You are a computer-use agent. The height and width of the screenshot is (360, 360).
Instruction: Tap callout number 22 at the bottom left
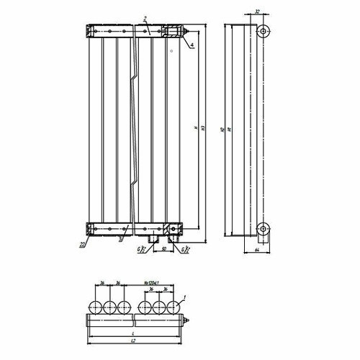point(83,245)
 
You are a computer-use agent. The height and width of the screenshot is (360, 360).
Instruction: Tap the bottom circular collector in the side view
point(264,231)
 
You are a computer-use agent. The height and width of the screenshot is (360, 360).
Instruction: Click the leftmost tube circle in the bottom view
point(95,307)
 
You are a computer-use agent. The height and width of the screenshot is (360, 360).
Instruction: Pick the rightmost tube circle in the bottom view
point(173,307)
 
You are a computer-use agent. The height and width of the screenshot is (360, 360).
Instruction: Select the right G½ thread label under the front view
point(186,250)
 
